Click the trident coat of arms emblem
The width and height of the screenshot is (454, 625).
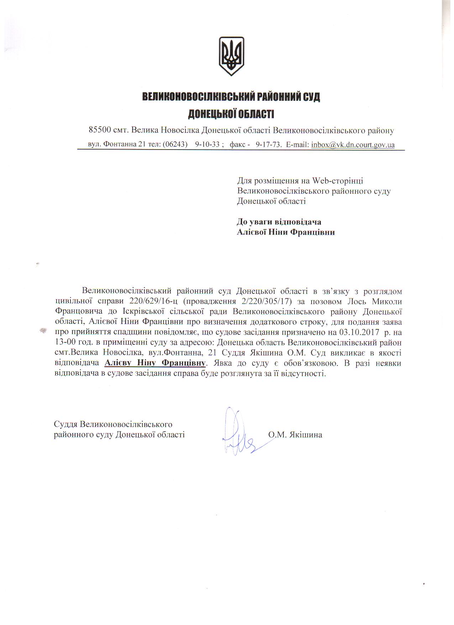(231, 56)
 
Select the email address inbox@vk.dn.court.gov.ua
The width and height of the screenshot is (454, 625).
(353, 145)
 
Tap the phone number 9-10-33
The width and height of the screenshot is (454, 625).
(207, 145)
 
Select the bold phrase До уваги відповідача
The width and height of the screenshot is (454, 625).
(279, 222)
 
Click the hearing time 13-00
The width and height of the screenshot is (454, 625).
(64, 343)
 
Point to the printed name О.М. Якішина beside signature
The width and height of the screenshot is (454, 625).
(296, 434)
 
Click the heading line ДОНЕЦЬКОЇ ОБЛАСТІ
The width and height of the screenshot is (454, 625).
(231, 114)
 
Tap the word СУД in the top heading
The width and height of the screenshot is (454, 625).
(309, 97)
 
